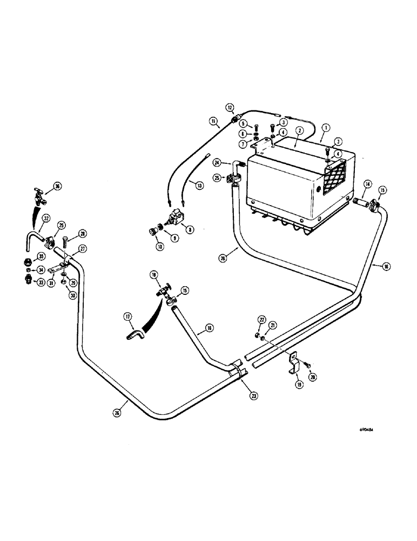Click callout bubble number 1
[x=325, y=129]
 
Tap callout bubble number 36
[x=58, y=187]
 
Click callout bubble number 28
[x=83, y=233]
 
